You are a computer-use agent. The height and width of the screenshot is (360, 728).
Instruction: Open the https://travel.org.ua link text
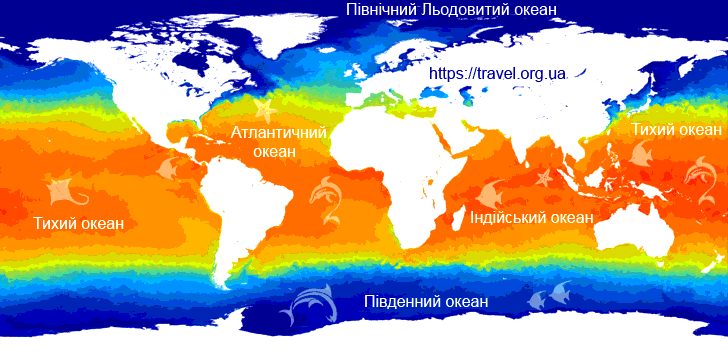(x=498, y=73)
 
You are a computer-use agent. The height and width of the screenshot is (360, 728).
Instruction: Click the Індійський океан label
(x=532, y=217)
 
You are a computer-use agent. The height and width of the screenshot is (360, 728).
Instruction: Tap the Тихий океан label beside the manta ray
(x=79, y=223)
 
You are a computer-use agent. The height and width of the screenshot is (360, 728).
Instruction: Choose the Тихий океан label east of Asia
(x=675, y=130)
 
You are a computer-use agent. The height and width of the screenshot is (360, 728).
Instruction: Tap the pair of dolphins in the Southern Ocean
(x=307, y=304)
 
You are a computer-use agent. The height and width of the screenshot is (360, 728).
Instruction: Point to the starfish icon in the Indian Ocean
(x=545, y=178)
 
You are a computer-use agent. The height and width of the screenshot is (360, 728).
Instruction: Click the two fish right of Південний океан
(x=546, y=294)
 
